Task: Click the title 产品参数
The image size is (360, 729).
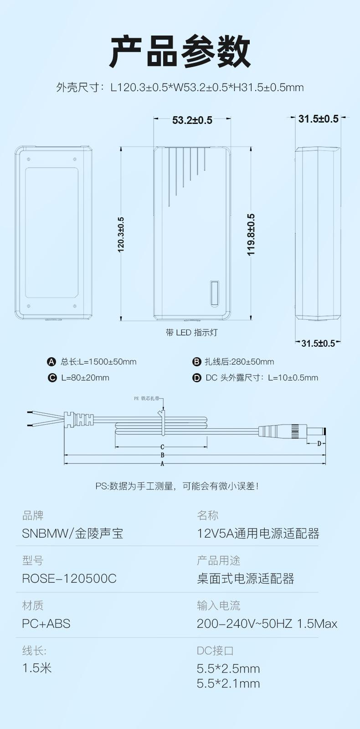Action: [180, 51]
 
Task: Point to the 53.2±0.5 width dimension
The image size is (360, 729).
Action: [192, 120]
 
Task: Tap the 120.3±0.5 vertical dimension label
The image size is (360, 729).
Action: [121, 234]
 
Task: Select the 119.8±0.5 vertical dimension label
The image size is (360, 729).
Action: [251, 234]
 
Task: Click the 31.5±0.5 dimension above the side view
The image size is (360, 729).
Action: [318, 119]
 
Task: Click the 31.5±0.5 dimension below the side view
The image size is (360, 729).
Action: [318, 343]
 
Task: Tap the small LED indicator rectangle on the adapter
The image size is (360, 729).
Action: [215, 293]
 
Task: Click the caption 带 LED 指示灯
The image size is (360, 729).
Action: [191, 333]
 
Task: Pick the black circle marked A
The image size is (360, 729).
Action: [52, 362]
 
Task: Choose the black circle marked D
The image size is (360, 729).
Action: [197, 378]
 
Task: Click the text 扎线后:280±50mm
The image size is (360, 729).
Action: [239, 362]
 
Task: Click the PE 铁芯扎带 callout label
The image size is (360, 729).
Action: [146, 398]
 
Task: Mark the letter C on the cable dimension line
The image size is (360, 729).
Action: [162, 447]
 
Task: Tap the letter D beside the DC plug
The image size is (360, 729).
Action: [319, 443]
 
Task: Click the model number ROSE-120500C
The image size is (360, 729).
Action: [69, 579]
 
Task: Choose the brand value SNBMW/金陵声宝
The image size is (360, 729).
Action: [73, 534]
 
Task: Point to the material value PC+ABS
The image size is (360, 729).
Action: [46, 624]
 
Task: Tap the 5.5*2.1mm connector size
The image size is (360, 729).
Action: [228, 683]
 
